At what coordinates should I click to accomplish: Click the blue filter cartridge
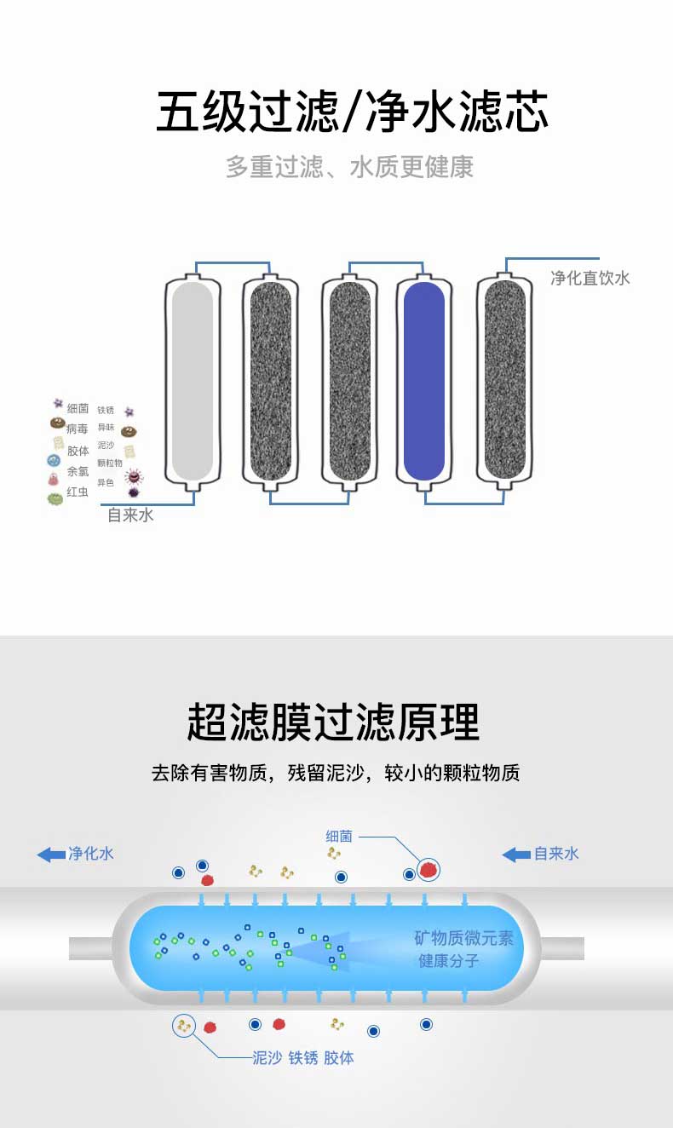tap(423, 380)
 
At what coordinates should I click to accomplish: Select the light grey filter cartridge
tap(192, 380)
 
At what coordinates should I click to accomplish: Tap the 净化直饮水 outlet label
tap(590, 279)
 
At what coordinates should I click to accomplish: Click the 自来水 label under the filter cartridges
tap(130, 515)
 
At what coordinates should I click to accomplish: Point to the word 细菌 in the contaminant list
tap(78, 409)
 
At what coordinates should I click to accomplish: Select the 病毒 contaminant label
tap(78, 429)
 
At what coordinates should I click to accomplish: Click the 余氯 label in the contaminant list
tap(78, 471)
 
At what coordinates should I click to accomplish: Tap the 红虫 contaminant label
tap(78, 492)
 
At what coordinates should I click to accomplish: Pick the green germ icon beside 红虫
tap(55, 498)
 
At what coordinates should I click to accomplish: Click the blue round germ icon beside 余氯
tap(54, 461)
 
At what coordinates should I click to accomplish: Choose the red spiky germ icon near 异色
tap(134, 476)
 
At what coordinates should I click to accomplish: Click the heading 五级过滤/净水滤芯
tap(352, 112)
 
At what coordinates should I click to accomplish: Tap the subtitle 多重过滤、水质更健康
tap(349, 167)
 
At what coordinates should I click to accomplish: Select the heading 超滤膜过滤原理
tap(334, 722)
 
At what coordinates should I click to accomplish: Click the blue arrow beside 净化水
tap(51, 854)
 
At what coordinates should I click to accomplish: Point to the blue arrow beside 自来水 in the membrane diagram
tap(516, 854)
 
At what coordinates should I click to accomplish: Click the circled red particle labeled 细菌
tap(429, 869)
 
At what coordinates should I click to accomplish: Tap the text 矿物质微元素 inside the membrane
tap(463, 939)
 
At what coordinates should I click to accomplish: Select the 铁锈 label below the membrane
tap(303, 1058)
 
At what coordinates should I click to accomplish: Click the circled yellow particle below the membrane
tap(184, 1027)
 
